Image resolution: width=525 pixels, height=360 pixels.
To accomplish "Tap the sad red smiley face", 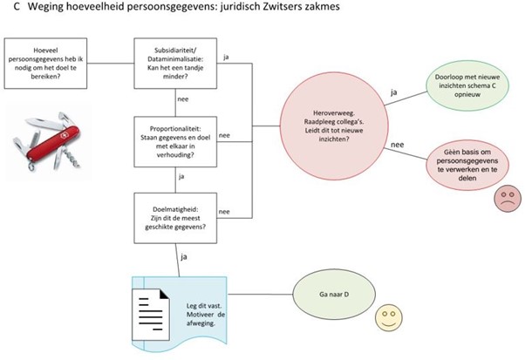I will pyautogui.click(x=505, y=199).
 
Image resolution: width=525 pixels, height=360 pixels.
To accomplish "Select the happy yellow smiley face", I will pyautogui.click(x=385, y=319).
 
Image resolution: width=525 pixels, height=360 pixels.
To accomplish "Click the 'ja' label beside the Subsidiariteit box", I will pyautogui.click(x=227, y=58).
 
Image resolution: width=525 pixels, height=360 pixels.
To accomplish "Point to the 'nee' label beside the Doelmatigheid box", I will pyautogui.click(x=225, y=210).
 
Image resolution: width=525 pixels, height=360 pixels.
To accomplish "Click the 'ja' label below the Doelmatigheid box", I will pyautogui.click(x=182, y=256).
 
